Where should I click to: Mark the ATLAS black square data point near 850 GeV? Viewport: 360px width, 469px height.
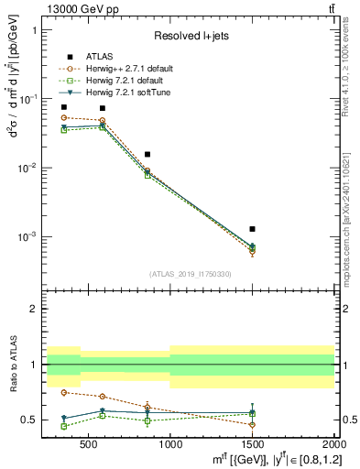pyautogui.click(x=147, y=154)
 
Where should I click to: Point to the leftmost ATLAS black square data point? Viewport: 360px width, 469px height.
pyautogui.click(x=63, y=107)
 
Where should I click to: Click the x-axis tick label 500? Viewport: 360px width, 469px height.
pyautogui.click(x=87, y=446)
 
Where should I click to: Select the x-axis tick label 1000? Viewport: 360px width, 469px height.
pyautogui.click(x=170, y=446)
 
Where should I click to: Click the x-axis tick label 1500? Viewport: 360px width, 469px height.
pyautogui.click(x=253, y=446)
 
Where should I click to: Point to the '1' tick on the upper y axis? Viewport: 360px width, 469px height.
pyautogui.click(x=34, y=30)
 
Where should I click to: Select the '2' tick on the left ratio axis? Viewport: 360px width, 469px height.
pyautogui.click(x=34, y=309)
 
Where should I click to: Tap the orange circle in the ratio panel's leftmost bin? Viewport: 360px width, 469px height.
pyautogui.click(x=63, y=392)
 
